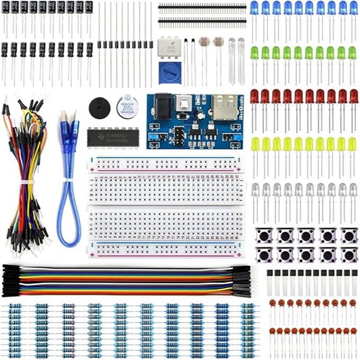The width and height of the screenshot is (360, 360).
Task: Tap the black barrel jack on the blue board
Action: [x=161, y=106]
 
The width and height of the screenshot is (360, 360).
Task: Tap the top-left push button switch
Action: [x=265, y=235]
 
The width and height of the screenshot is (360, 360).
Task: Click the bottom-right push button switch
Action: [x=349, y=255]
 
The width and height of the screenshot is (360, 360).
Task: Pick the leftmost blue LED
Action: [x=254, y=8]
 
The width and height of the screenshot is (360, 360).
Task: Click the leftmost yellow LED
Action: [x=255, y=145]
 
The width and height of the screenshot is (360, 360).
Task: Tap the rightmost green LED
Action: [x=353, y=53]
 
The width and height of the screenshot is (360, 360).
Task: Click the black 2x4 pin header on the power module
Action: [x=180, y=135]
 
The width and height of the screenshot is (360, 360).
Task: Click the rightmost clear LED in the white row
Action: [x=353, y=190]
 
